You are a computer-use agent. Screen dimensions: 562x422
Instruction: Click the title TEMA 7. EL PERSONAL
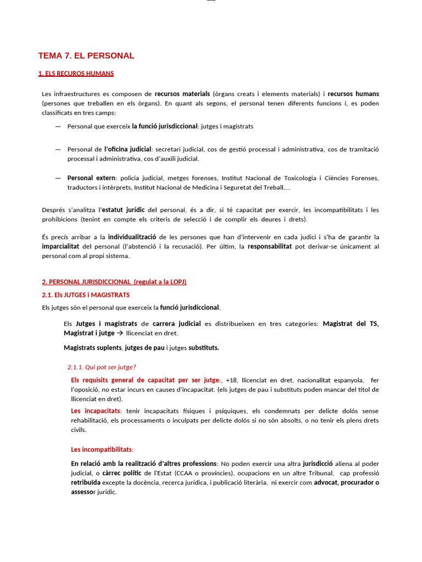pyautogui.click(x=86, y=55)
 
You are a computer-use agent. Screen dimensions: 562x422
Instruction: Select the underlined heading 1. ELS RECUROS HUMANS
pyautogui.click(x=76, y=74)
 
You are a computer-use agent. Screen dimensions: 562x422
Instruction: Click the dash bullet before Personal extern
pyautogui.click(x=58, y=178)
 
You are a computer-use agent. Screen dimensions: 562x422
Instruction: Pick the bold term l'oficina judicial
pyautogui.click(x=129, y=149)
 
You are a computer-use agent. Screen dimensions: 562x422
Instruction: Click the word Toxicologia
pyautogui.click(x=296, y=178)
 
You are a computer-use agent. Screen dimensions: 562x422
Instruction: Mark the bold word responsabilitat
pyautogui.click(x=270, y=246)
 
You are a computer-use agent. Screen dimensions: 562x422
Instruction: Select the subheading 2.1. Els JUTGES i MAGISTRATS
pyautogui.click(x=86, y=295)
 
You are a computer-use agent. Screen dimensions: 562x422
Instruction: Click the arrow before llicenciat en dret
pyautogui.click(x=120, y=333)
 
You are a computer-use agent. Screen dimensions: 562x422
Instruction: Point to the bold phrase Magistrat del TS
pyautogui.click(x=351, y=324)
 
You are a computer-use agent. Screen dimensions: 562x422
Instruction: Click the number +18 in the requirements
pyautogui.click(x=231, y=380)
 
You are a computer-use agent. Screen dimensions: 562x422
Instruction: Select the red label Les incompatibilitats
pyautogui.click(x=102, y=449)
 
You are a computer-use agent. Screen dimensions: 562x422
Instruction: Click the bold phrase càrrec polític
pyautogui.click(x=121, y=473)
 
